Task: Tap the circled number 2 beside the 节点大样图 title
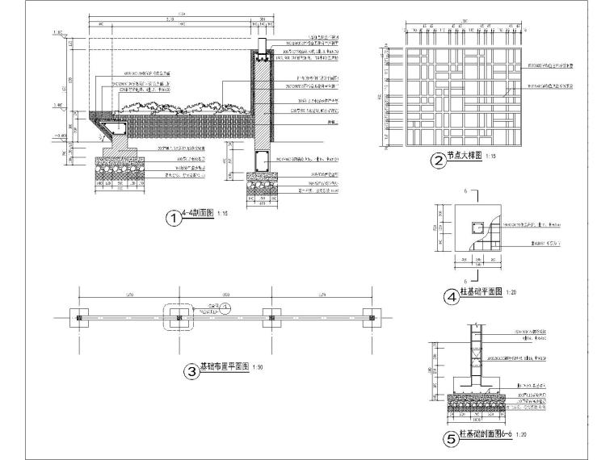438,161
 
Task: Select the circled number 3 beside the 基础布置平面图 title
191,371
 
